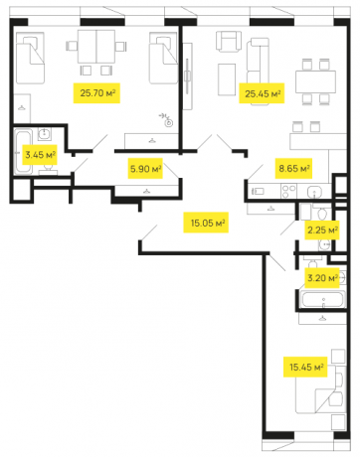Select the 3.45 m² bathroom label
click(39, 154)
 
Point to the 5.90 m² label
click(144, 169)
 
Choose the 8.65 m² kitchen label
click(293, 169)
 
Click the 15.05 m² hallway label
click(207, 224)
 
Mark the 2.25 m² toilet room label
click(321, 229)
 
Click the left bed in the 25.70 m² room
click(31, 61)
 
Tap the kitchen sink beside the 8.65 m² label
click(313, 191)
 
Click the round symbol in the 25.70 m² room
click(169, 122)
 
